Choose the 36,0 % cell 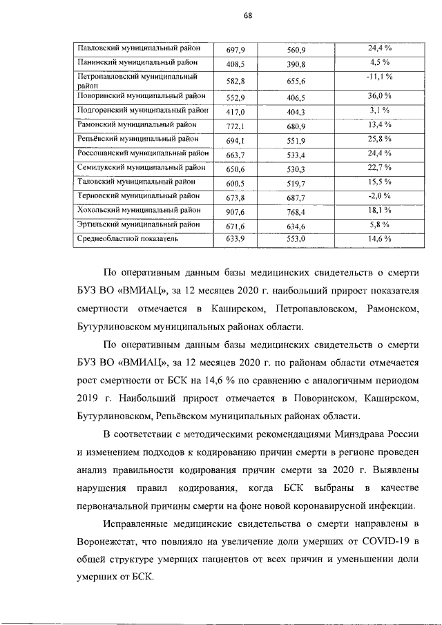[379, 96]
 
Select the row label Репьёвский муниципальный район [140, 140]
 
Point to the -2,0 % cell [379, 195]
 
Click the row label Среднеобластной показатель [128, 239]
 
